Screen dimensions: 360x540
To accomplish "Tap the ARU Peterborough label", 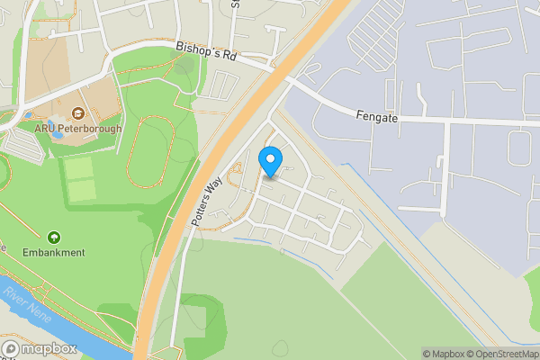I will pyautogui.click(x=77, y=129).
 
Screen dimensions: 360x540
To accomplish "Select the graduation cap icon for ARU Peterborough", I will pyautogui.click(x=77, y=113).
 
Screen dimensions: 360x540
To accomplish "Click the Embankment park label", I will pyautogui.click(x=54, y=253).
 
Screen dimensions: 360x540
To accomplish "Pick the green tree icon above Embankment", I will pyautogui.click(x=54, y=238).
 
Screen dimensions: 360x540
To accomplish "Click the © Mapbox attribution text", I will pyautogui.click(x=443, y=354).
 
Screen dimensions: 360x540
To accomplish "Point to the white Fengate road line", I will pyautogui.click(x=468, y=120).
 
